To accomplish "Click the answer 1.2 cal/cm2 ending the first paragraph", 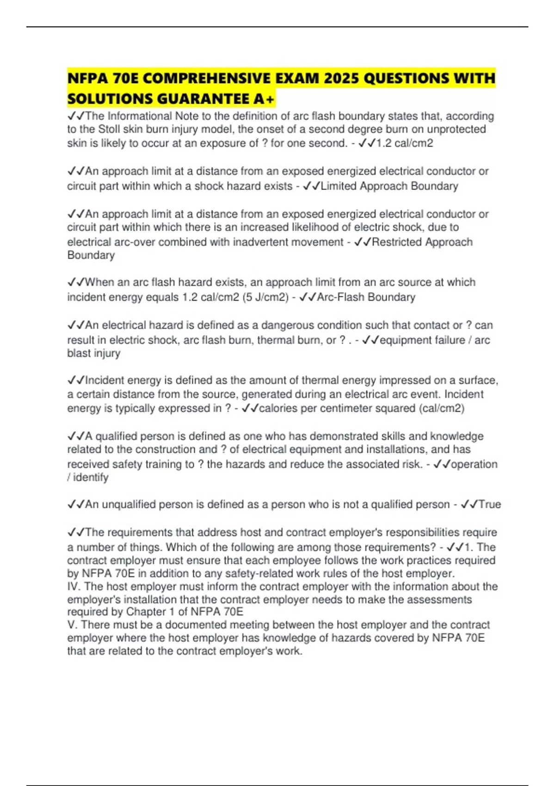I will [x=405, y=143].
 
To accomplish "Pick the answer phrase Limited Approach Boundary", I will [x=389, y=186].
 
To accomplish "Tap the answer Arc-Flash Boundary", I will [x=366, y=297].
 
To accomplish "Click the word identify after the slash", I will [x=91, y=478].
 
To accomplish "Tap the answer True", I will [x=490, y=504].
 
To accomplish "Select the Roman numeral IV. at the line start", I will [x=74, y=587].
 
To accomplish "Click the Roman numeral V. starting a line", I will [x=72, y=625].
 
